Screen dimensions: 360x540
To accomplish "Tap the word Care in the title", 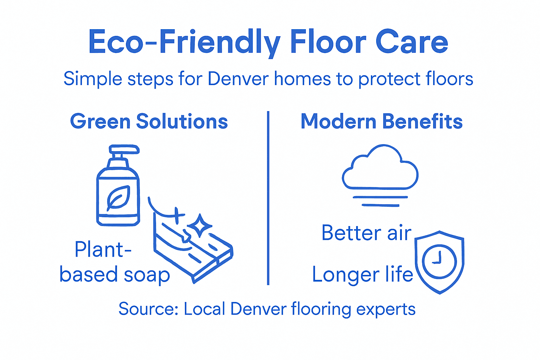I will [x=412, y=42].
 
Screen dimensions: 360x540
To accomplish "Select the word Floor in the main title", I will [x=328, y=42].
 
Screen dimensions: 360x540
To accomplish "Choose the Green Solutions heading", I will [x=149, y=122].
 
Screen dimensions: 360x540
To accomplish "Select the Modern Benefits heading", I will [x=381, y=122].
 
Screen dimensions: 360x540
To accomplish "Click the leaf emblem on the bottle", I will [x=118, y=198].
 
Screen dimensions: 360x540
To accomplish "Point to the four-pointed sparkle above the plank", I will [x=199, y=225].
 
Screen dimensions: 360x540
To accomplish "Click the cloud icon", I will [x=380, y=168].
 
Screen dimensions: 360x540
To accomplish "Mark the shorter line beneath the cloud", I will [x=380, y=205].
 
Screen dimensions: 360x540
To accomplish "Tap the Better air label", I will [x=366, y=233].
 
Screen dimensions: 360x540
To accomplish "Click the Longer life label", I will [x=362, y=275].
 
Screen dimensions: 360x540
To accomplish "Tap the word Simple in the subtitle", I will [x=93, y=79].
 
